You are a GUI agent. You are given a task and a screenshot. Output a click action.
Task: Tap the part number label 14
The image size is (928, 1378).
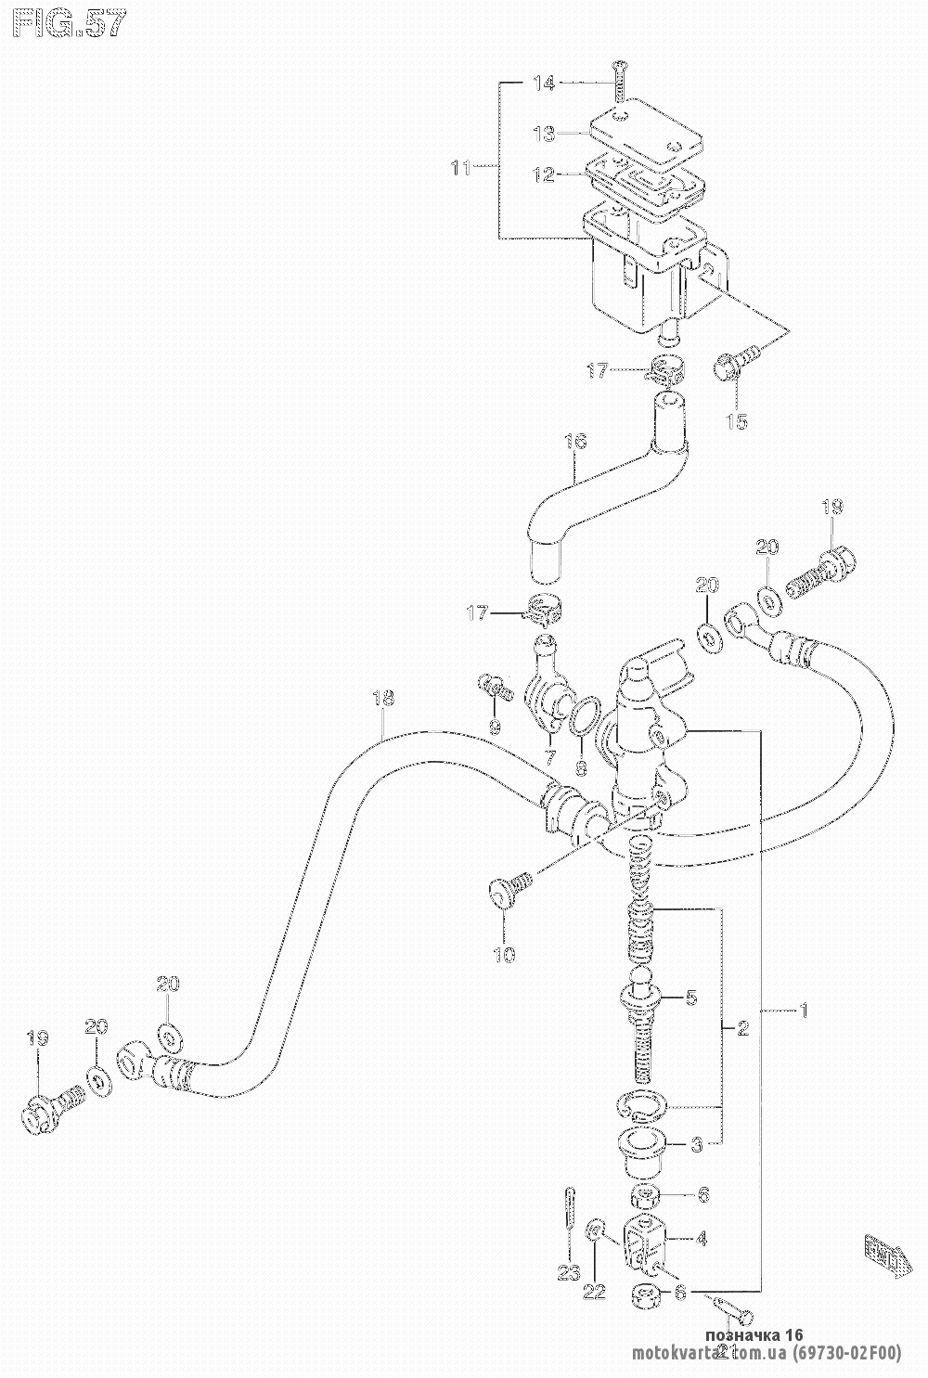tap(543, 84)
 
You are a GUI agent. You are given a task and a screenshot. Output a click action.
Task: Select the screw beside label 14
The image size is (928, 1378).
tap(618, 80)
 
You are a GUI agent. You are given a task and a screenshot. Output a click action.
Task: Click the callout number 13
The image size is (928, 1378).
tap(543, 134)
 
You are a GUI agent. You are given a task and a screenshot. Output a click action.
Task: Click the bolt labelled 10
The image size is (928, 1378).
tap(509, 886)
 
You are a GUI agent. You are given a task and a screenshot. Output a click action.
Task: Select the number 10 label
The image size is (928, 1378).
tap(505, 954)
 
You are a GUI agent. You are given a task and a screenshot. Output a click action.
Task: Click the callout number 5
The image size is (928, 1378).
tap(691, 998)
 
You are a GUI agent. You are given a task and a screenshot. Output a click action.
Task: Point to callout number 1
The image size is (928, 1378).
tap(804, 1011)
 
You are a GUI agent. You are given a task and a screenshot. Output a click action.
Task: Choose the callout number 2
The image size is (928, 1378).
tap(742, 1028)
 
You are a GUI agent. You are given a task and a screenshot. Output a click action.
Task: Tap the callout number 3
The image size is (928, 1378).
tap(697, 1144)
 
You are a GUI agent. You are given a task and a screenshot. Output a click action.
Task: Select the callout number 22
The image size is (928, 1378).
tap(595, 1291)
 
